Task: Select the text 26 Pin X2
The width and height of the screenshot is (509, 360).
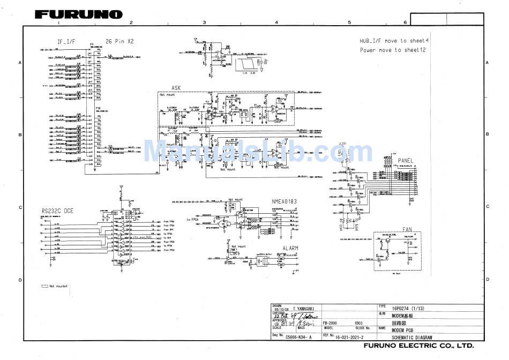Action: [119, 41]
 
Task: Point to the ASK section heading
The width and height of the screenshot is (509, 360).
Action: [176, 87]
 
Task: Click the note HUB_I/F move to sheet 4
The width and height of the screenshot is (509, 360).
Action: [394, 41]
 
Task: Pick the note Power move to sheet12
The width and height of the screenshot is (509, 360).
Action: [393, 50]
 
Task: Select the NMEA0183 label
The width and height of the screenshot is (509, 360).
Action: [284, 201]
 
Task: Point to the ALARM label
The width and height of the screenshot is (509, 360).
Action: [290, 249]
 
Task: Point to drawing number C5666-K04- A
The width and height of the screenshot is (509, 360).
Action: [303, 337]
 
